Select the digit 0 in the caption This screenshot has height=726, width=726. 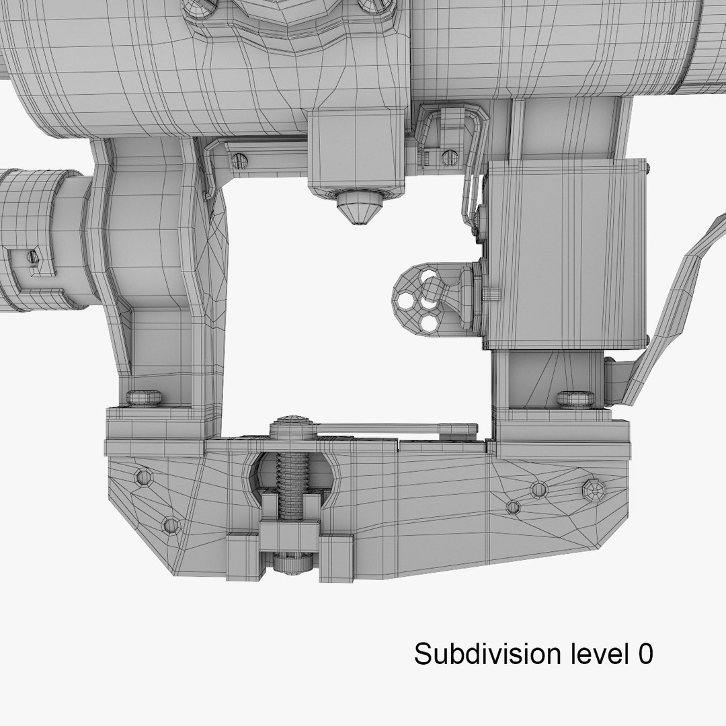pos(644,653)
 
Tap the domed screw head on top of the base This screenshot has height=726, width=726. pos(292,426)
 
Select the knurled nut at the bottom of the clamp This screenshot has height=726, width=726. pos(292,563)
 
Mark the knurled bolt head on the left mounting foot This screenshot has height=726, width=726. pos(144,397)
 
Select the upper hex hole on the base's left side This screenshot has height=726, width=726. pos(143,477)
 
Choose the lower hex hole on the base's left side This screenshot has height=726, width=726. pos(171,524)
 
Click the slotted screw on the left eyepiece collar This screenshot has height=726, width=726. pos(32,256)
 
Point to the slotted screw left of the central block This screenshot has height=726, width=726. pos(239,161)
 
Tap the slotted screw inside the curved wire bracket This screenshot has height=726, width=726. pos(449,158)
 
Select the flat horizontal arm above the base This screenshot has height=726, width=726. pos(397,428)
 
